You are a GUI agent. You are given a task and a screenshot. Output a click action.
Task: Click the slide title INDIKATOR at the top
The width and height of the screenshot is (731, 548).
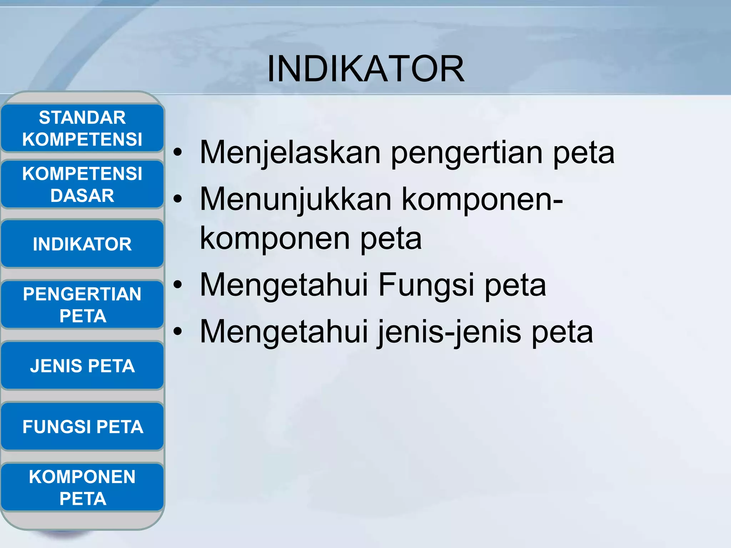(365, 69)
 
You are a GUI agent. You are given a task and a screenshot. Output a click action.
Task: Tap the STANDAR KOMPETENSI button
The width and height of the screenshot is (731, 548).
(82, 128)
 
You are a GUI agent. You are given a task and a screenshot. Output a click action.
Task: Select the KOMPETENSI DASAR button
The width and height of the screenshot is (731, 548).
(82, 184)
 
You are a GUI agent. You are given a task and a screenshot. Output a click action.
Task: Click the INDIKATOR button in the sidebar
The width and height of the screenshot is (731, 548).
(82, 244)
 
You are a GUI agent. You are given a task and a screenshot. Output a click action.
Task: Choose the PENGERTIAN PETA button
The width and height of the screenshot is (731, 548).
(82, 305)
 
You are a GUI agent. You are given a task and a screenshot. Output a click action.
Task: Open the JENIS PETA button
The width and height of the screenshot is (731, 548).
(82, 366)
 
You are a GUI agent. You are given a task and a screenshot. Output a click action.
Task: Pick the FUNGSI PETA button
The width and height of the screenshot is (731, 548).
(82, 426)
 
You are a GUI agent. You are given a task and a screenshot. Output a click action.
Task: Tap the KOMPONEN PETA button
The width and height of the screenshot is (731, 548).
(82, 487)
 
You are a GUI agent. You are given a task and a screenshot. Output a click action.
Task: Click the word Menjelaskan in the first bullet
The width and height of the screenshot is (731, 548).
(290, 153)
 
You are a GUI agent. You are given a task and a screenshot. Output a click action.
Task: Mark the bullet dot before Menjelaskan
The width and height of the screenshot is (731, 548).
(177, 153)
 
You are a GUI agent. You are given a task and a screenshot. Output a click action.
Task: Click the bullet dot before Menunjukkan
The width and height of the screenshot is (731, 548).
(177, 199)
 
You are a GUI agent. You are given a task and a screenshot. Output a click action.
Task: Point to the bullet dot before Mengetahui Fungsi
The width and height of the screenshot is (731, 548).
(177, 285)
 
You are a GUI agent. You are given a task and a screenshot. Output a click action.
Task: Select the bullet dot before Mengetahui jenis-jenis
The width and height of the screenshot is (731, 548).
(177, 332)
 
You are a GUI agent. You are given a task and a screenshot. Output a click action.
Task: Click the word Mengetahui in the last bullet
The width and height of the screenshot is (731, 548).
(284, 332)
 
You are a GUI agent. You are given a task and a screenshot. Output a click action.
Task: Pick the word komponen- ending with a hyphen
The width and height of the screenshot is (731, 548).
(482, 200)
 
